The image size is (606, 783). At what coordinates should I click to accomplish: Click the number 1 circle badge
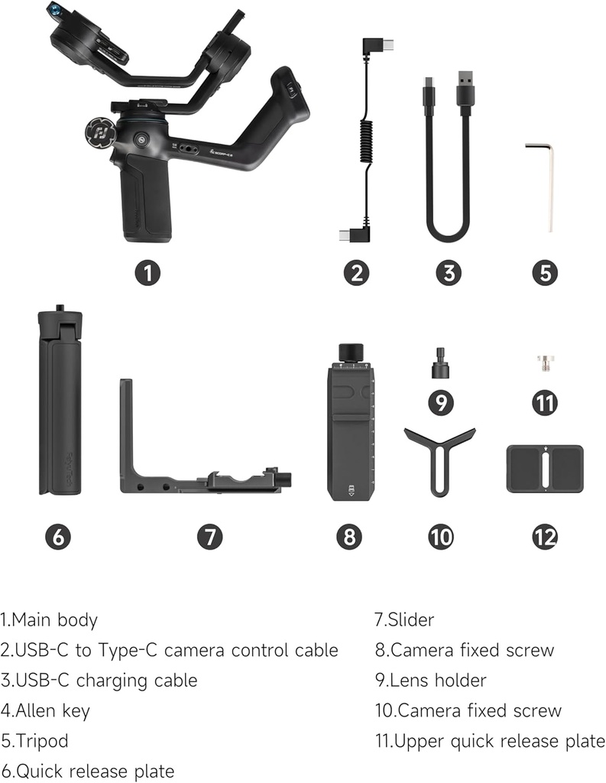(x=147, y=273)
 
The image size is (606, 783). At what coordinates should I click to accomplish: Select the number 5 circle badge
(x=544, y=273)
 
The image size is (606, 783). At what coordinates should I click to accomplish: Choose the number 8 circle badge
(x=348, y=536)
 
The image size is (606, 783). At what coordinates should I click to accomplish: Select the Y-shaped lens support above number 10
(x=439, y=455)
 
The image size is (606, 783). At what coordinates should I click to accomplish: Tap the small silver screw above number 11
(x=545, y=360)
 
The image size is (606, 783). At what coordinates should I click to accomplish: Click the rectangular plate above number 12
(x=545, y=468)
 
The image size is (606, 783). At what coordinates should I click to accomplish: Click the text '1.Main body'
(x=49, y=619)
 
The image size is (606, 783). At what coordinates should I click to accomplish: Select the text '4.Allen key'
(x=45, y=710)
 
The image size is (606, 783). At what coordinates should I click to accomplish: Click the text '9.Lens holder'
(x=429, y=680)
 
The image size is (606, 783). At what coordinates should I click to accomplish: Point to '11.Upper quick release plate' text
(x=489, y=741)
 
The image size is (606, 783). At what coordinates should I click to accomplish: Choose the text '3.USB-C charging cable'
(x=99, y=680)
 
